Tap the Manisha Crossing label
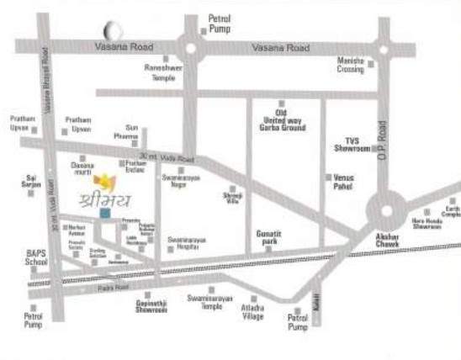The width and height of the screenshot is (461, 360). (x=350, y=66)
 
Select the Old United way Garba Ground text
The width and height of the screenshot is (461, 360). (x=283, y=120)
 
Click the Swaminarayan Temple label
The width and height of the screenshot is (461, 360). (x=204, y=303)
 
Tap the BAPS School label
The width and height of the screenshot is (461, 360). (x=35, y=257)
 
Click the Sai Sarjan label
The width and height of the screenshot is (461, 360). (x=32, y=182)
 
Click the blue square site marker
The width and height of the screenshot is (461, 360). (x=104, y=213)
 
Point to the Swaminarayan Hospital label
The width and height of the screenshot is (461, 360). (x=183, y=243)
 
